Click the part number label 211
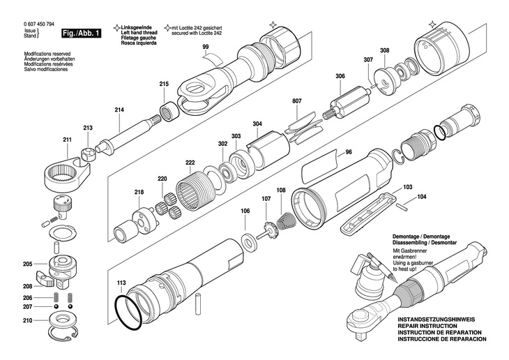click(67, 140)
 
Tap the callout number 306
click(340, 76)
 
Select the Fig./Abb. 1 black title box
click(81, 33)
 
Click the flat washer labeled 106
click(250, 241)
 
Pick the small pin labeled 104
click(401, 207)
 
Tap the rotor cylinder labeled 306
click(347, 103)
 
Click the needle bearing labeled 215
click(169, 112)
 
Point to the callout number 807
click(297, 101)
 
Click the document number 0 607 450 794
click(39, 24)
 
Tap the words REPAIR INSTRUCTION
click(427, 326)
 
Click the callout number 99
click(206, 47)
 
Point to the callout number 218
click(139, 192)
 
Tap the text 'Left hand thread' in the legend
click(139, 33)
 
